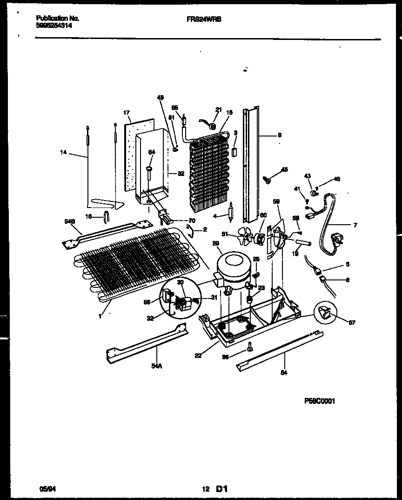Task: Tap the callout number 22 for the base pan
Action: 199,355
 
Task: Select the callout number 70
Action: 192,221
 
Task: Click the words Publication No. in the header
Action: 58,19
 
